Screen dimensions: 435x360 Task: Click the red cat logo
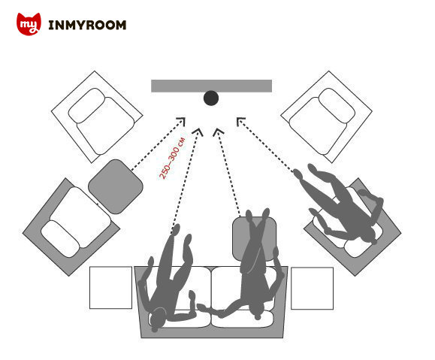[29, 24]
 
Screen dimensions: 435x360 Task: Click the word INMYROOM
[87, 25]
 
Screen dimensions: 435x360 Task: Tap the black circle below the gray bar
[211, 98]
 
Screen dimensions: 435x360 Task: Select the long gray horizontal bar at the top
[211, 86]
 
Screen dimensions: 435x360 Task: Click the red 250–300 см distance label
[172, 159]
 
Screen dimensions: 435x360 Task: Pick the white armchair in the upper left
[97, 116]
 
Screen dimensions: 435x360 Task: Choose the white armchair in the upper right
[327, 116]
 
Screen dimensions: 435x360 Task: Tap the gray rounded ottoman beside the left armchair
[116, 186]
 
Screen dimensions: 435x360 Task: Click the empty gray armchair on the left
[71, 227]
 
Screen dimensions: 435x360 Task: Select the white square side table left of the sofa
[110, 288]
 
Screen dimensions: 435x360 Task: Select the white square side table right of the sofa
[312, 288]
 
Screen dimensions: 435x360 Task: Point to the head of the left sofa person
[157, 319]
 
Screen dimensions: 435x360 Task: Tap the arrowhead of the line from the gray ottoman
[181, 121]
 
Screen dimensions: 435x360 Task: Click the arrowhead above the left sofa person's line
[198, 132]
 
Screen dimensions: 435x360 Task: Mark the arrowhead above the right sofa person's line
[218, 132]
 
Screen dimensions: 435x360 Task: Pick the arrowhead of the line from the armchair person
[240, 121]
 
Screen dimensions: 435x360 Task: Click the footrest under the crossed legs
[255, 239]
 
